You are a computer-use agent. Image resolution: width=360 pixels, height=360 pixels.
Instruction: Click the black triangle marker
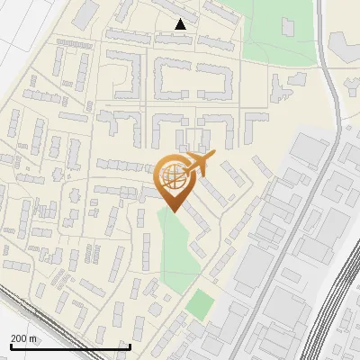[182, 24]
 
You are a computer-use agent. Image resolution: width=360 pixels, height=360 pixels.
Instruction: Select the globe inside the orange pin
[174, 175]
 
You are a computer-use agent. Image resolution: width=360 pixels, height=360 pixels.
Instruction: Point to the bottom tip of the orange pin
[174, 212]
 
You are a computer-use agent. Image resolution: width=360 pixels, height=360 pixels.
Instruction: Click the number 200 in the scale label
[18, 338]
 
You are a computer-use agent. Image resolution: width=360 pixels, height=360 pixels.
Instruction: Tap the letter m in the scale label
[33, 338]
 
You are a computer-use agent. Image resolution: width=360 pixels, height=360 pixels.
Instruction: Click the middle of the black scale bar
[71, 346]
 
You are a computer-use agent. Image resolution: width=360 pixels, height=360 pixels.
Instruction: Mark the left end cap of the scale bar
[11, 346]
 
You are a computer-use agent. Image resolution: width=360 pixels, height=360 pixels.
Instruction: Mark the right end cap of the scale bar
[131, 346]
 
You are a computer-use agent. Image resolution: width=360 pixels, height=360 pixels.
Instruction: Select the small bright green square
[202, 304]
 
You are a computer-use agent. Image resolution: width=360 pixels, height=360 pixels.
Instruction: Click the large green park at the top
[279, 31]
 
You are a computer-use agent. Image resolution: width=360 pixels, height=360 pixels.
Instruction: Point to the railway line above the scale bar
[36, 310]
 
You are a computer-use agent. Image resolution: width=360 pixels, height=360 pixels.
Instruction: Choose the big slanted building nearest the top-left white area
[85, 13]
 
